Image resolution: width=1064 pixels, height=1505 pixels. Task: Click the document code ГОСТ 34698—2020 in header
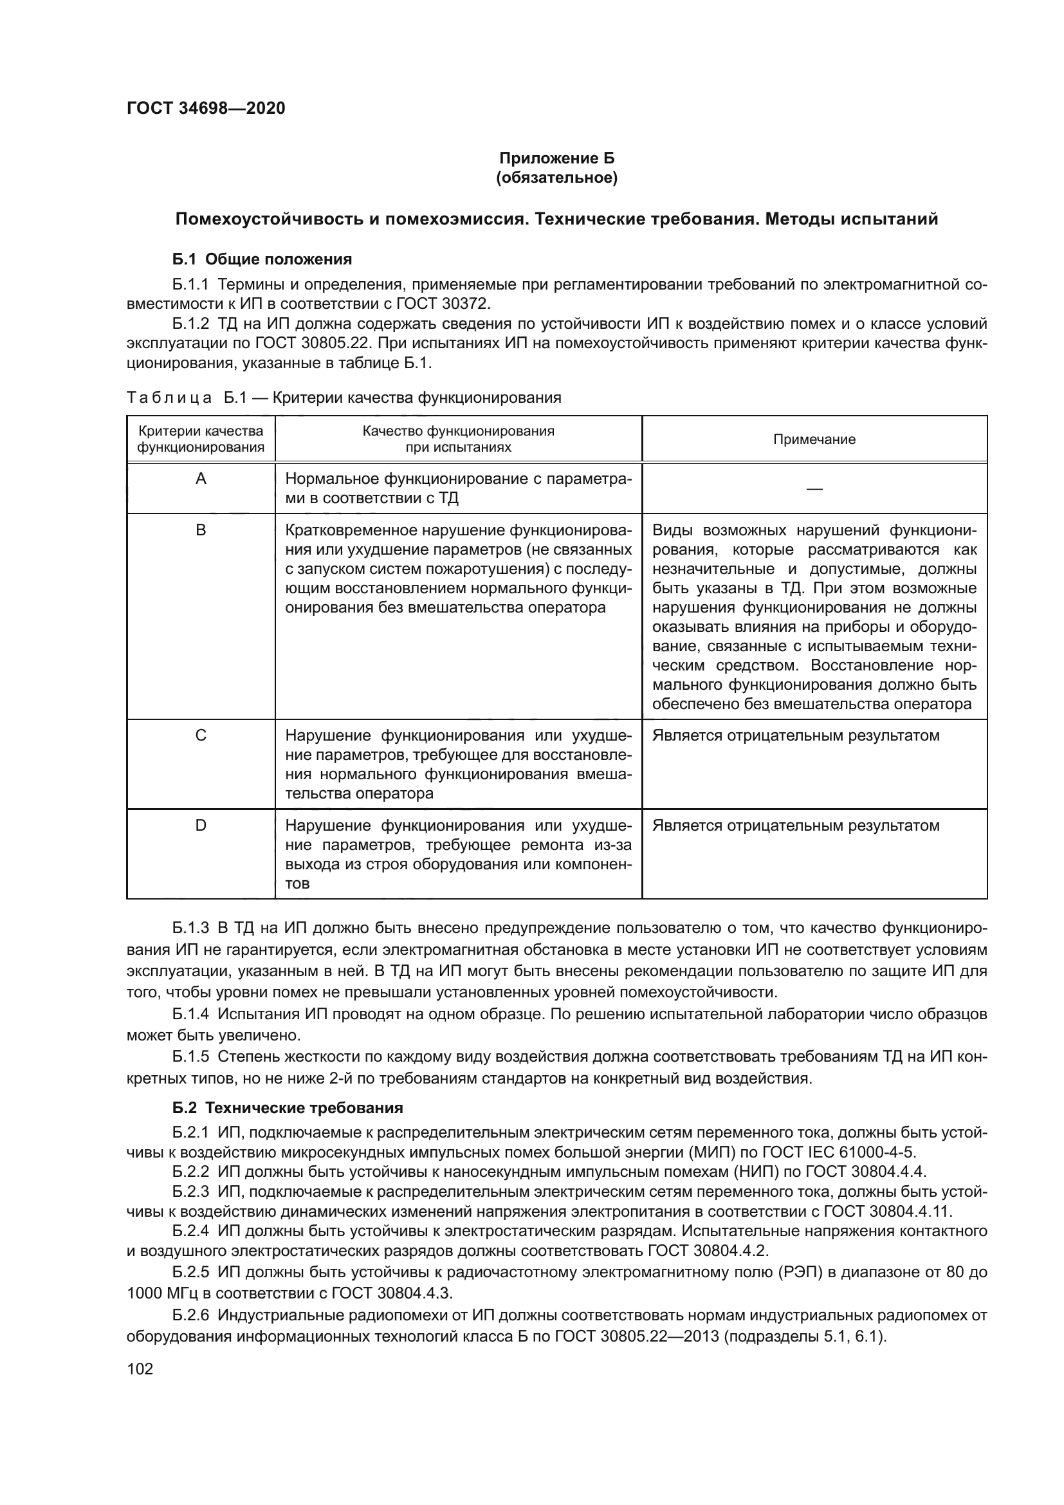[206, 108]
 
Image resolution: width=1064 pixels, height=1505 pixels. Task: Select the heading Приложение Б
[556, 158]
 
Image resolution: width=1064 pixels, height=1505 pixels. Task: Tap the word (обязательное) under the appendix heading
[556, 178]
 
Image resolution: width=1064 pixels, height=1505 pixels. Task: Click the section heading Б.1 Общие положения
[262, 259]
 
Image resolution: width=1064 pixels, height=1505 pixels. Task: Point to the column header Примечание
[814, 439]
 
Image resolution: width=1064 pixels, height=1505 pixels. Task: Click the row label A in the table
[201, 479]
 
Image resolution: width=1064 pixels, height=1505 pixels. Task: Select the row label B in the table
[201, 530]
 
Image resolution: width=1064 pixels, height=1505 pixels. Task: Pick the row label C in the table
[201, 735]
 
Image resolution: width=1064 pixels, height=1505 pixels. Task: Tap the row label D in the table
[201, 826]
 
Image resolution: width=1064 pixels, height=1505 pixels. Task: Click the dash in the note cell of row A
[814, 489]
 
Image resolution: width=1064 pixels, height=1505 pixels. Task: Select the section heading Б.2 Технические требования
[288, 1109]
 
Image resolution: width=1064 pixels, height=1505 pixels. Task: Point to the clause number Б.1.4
[190, 1015]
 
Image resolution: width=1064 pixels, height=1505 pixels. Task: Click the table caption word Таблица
[169, 398]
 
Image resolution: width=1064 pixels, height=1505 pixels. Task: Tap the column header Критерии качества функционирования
[201, 439]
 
